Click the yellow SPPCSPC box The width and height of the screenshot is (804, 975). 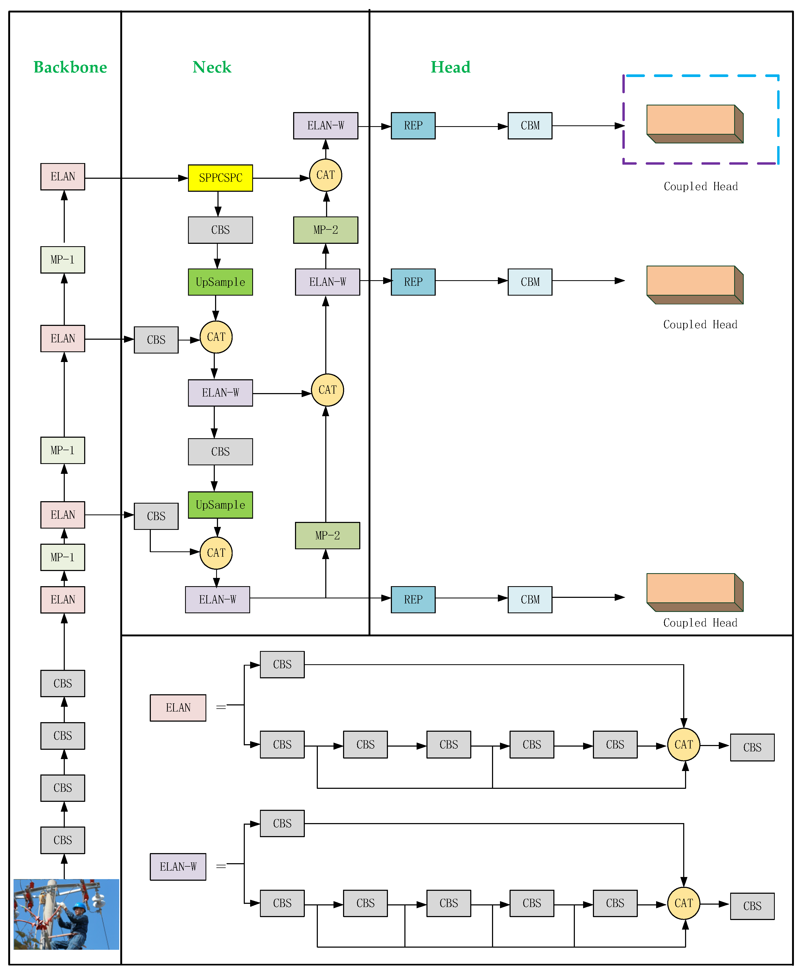(x=220, y=178)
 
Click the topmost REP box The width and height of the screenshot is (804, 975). (x=413, y=126)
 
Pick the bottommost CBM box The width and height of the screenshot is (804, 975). (x=530, y=599)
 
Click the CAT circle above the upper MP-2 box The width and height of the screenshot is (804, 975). (x=326, y=175)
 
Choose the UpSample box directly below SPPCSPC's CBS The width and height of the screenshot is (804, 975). (x=220, y=282)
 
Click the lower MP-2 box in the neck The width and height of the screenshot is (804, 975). (x=327, y=535)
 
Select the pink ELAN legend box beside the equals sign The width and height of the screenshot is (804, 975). (x=178, y=708)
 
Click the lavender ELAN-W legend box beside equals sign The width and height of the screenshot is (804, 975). (x=178, y=867)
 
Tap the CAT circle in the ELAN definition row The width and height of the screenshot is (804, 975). (x=683, y=744)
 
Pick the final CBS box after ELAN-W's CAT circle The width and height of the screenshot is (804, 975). (x=752, y=906)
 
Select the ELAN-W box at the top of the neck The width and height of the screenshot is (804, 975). (x=326, y=126)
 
